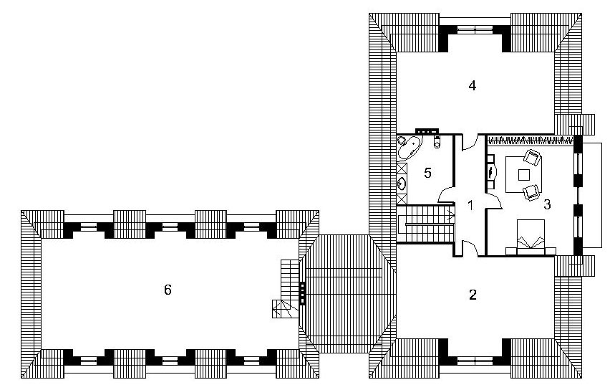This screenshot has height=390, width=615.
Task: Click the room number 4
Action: (x=473, y=85)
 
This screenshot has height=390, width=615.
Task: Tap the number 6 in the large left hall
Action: (x=168, y=290)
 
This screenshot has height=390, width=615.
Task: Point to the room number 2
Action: (x=473, y=294)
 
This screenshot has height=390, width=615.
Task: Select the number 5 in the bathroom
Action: (x=428, y=173)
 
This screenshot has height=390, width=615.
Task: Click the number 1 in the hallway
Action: (x=471, y=205)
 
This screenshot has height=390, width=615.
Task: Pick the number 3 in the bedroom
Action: (x=547, y=204)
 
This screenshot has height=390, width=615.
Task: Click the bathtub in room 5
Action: (x=409, y=148)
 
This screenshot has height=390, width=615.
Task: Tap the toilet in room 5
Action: (x=437, y=142)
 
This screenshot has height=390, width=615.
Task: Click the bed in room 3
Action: (x=531, y=237)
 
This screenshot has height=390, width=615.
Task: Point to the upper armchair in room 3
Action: (x=532, y=157)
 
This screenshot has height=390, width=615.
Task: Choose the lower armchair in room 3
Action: (x=531, y=192)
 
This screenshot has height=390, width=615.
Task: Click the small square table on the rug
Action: (x=524, y=174)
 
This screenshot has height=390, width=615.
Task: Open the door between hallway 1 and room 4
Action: (x=470, y=143)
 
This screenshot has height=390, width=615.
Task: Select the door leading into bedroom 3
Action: (x=495, y=201)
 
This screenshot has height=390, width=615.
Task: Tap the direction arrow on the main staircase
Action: (x=451, y=214)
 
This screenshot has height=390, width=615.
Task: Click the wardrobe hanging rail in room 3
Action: (x=531, y=139)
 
